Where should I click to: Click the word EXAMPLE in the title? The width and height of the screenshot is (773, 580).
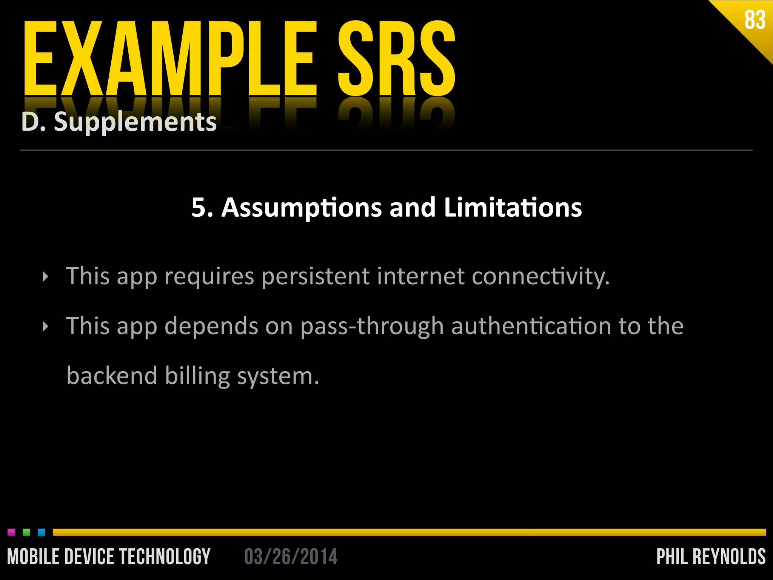pos(170,59)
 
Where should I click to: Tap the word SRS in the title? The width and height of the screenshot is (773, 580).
pos(396,59)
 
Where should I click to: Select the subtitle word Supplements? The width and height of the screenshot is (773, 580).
pos(135,122)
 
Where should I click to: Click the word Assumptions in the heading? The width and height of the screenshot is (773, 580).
pos(301,208)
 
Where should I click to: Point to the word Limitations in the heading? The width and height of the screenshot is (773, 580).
pos(513,208)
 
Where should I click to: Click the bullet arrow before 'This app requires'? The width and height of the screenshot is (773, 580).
pos(46,277)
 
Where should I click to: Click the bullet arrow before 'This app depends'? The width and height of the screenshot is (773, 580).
pos(46,327)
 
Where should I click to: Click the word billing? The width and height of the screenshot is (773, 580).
pos(197,376)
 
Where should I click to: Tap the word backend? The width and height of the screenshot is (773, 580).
pos(112,376)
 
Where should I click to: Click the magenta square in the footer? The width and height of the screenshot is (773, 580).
pos(11,532)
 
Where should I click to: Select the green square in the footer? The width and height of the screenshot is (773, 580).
pos(26,532)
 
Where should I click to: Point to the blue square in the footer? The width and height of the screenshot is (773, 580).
pos(42,532)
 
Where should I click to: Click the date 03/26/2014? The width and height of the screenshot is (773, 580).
pos(291,557)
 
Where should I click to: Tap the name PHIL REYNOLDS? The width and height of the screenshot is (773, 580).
pos(711,557)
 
